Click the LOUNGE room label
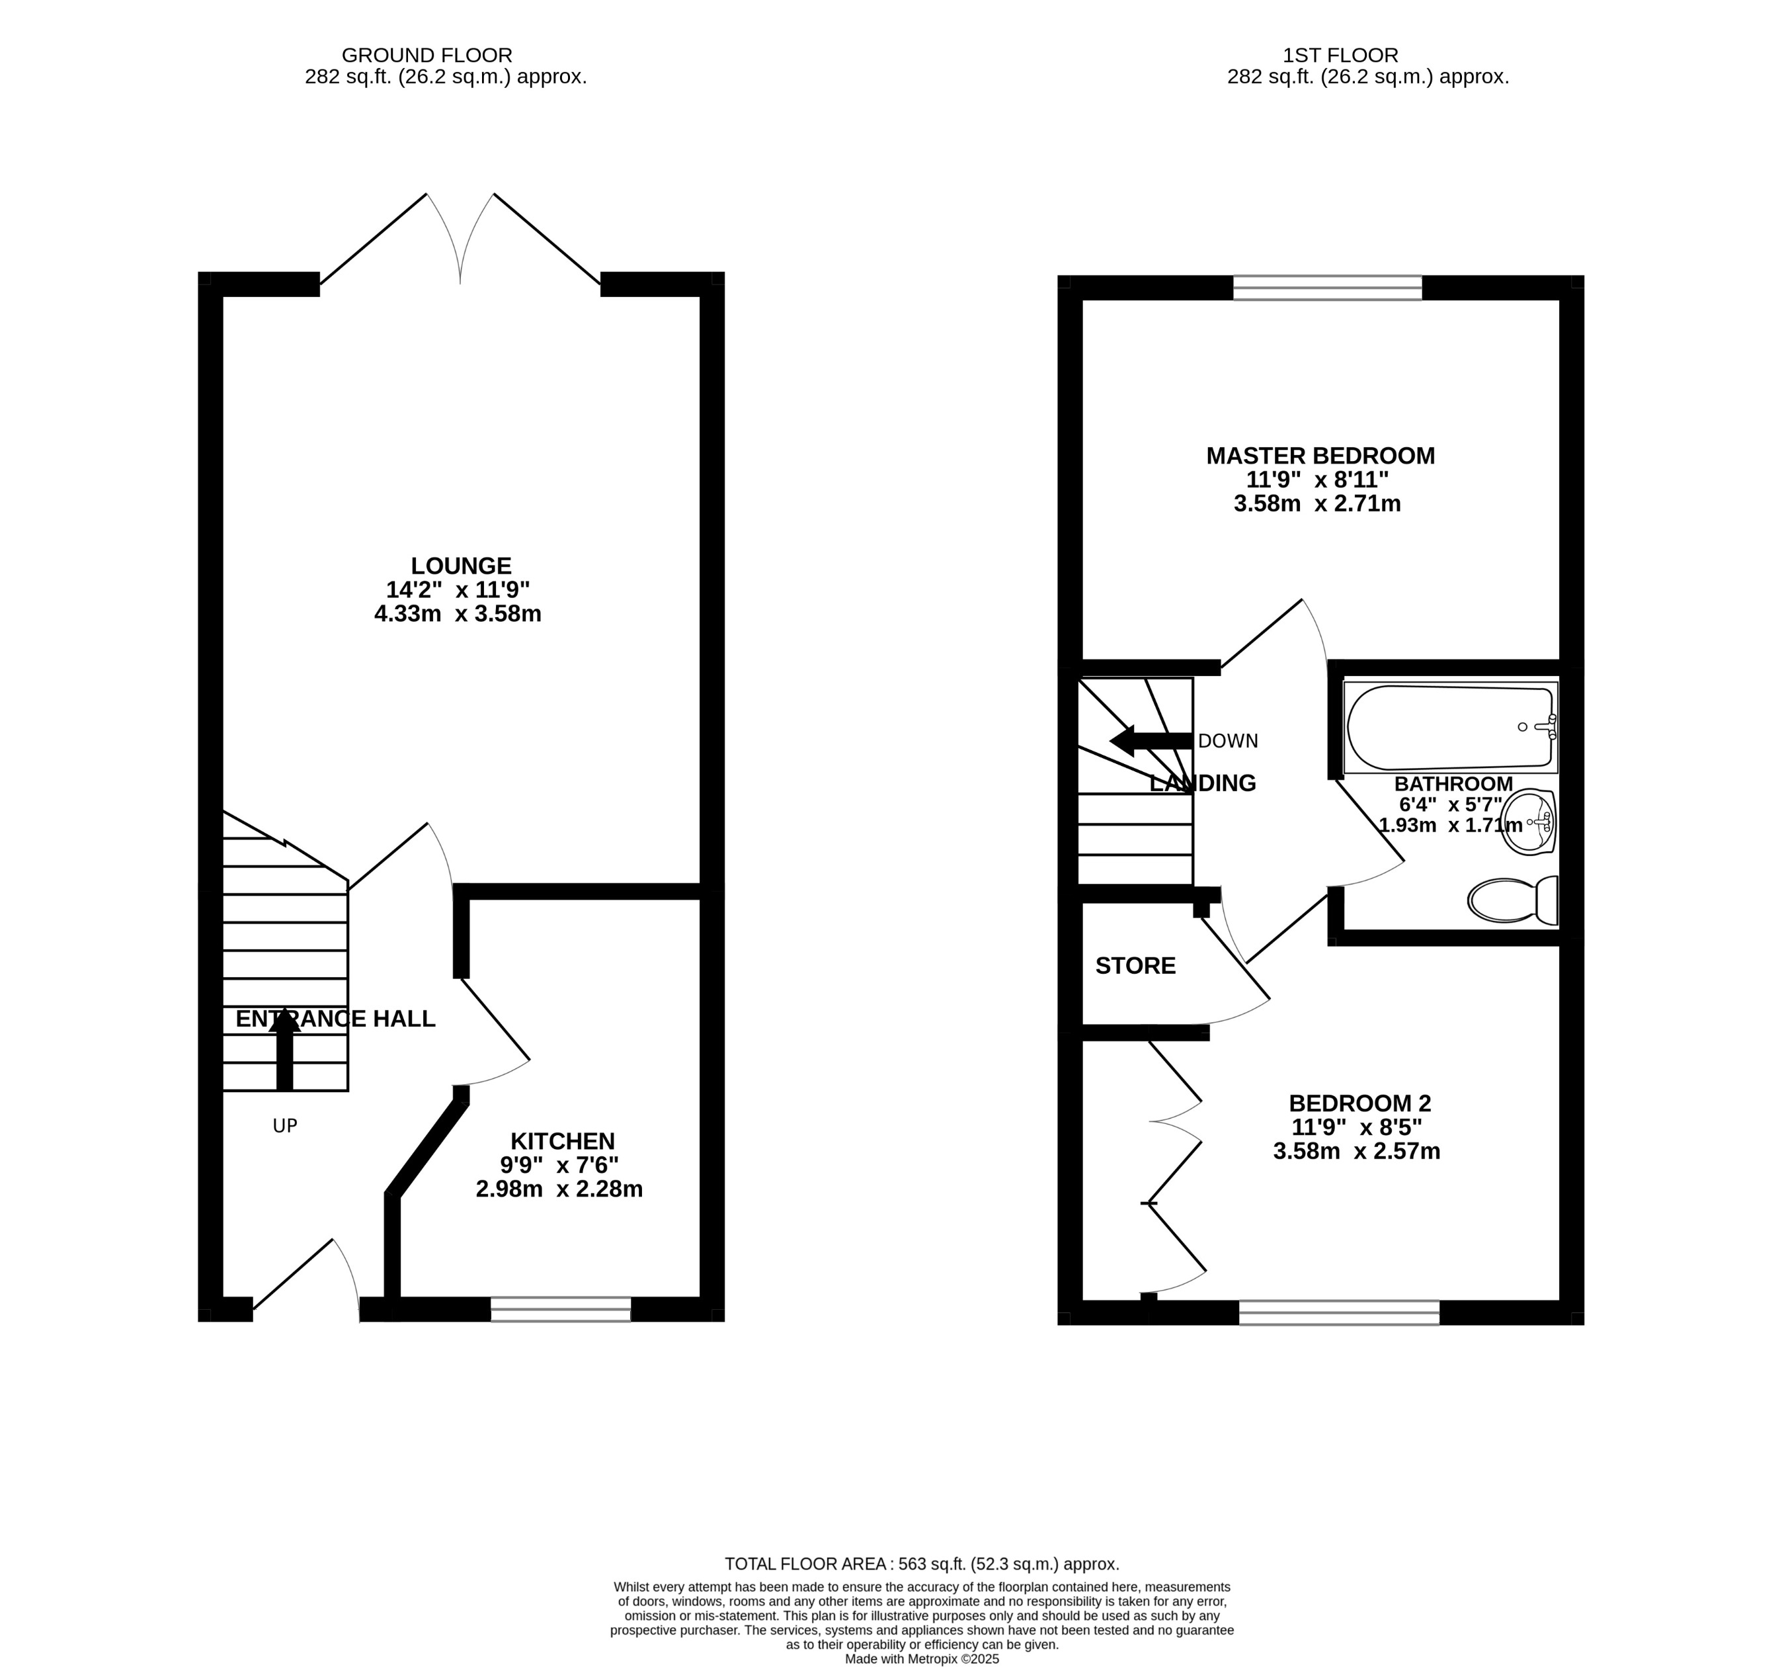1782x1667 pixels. pyautogui.click(x=461, y=566)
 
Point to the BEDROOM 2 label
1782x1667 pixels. pyautogui.click(x=1359, y=1102)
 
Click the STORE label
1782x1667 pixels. pyautogui.click(x=1135, y=965)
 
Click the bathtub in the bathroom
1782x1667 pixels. pyautogui.click(x=1449, y=726)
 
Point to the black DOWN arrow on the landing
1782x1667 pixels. pyautogui.click(x=1150, y=741)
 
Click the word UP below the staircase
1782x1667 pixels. pyautogui.click(x=284, y=1125)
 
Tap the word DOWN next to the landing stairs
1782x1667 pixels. pyautogui.click(x=1227, y=741)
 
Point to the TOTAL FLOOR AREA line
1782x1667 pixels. pyautogui.click(x=922, y=1564)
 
